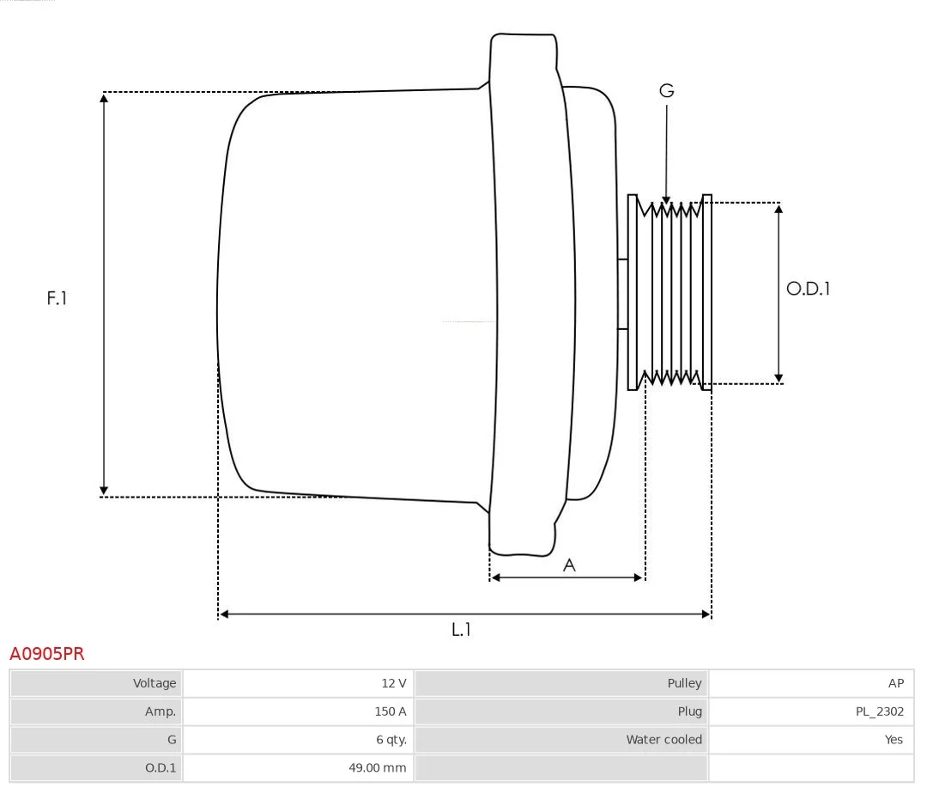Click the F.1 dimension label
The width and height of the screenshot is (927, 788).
pyautogui.click(x=57, y=298)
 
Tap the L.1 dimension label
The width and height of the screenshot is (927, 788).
pyautogui.click(x=461, y=629)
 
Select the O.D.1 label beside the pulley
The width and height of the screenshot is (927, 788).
pyautogui.click(x=809, y=289)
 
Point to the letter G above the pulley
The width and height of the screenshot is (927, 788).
pyautogui.click(x=667, y=90)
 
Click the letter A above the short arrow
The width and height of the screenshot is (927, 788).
pyautogui.click(x=569, y=565)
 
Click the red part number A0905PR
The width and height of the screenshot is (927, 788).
pyautogui.click(x=47, y=654)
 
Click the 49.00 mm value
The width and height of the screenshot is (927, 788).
pyautogui.click(x=377, y=768)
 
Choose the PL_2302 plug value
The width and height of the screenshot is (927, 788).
pyautogui.click(x=880, y=712)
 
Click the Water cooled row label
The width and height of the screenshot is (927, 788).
pyautogui.click(x=663, y=740)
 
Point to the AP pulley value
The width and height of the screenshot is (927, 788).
pyautogui.click(x=895, y=683)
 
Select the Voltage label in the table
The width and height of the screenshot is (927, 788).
pyautogui.click(x=154, y=683)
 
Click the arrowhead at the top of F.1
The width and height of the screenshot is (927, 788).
pyautogui.click(x=104, y=97)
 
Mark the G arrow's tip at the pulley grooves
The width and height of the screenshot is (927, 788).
pyautogui.click(x=666, y=201)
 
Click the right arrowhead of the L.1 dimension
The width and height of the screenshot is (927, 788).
pyautogui.click(x=706, y=614)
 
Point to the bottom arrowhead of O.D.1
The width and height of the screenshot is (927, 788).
pyautogui.click(x=779, y=378)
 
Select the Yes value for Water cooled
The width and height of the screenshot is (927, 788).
pyautogui.click(x=894, y=740)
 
